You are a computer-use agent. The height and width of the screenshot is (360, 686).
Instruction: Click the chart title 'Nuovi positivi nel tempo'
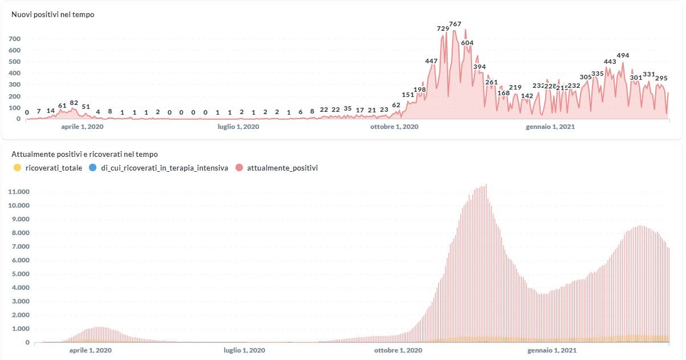point(53,15)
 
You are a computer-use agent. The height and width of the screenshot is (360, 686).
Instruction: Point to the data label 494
point(623,55)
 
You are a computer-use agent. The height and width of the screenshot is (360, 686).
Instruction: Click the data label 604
point(467,43)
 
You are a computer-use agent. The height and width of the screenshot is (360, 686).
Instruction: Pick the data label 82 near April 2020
point(74,103)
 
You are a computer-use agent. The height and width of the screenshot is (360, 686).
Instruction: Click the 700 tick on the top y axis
point(14,39)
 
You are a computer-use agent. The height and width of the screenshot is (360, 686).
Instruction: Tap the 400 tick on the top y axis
point(14,73)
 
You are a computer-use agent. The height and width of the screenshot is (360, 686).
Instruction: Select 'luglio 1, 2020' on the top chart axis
point(238,127)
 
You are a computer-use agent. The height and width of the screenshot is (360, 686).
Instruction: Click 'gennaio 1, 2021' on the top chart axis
point(550,127)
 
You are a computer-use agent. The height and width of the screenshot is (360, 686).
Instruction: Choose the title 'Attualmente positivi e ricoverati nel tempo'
point(84,154)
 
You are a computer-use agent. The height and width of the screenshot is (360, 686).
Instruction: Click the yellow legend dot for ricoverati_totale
point(17,168)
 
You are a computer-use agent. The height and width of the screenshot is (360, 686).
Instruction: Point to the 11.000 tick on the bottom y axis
point(18,192)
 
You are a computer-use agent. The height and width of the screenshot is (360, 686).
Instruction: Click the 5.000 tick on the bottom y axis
point(19,274)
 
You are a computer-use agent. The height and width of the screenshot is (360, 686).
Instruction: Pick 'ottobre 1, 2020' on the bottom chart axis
point(399,350)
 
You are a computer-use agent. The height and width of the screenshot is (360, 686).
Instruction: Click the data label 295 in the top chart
point(661,78)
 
